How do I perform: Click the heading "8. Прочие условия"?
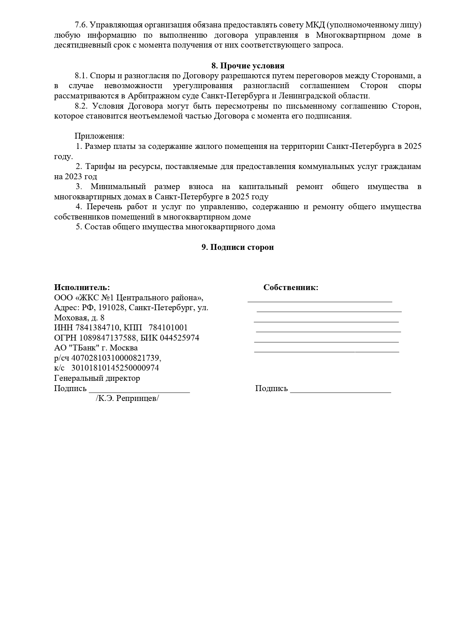[x=248, y=66]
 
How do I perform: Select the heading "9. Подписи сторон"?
[x=237, y=247]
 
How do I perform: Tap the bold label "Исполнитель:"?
[x=82, y=288]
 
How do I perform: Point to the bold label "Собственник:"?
[x=291, y=288]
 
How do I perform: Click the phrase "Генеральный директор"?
[x=97, y=378]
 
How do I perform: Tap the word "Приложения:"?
[x=100, y=136]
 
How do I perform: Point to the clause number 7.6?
[x=81, y=25]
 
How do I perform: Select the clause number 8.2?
[x=82, y=106]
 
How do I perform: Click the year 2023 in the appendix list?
[x=74, y=177]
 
